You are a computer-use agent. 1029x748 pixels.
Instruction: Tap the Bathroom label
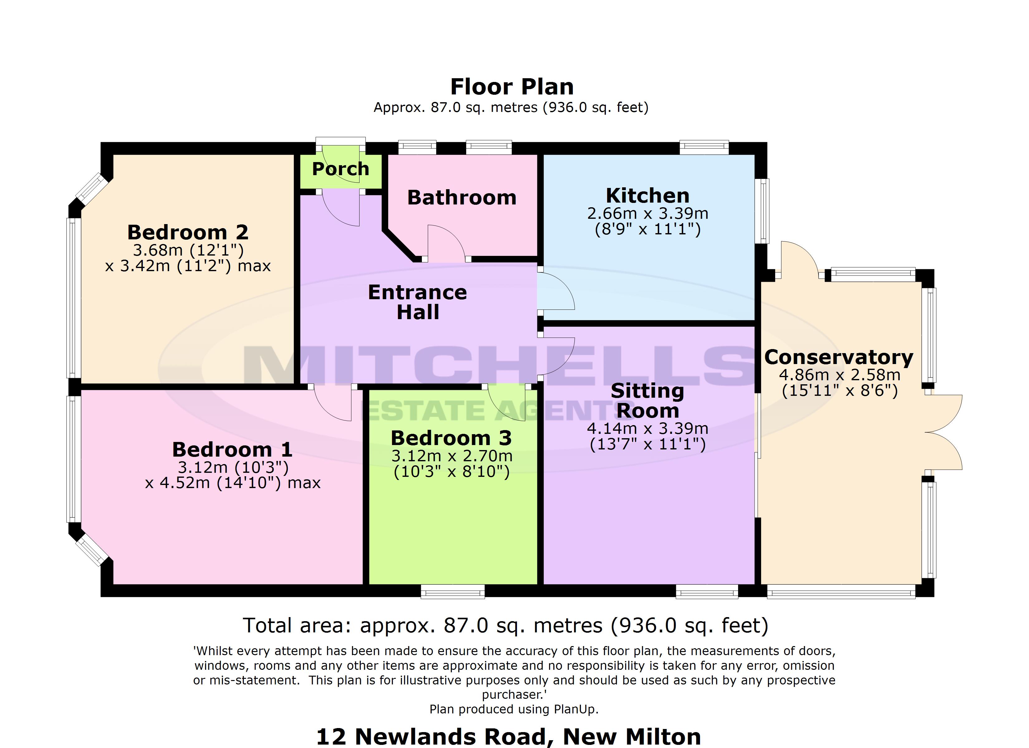(x=461, y=198)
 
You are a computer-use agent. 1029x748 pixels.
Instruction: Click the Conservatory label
(x=838, y=357)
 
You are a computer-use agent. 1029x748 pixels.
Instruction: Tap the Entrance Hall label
(x=418, y=302)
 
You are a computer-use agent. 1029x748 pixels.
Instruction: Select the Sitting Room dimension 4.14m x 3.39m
(x=647, y=429)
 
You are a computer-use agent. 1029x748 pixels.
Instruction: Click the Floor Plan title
(x=512, y=87)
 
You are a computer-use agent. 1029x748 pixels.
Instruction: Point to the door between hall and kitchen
(x=557, y=290)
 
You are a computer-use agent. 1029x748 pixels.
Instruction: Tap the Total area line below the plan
(x=505, y=626)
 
